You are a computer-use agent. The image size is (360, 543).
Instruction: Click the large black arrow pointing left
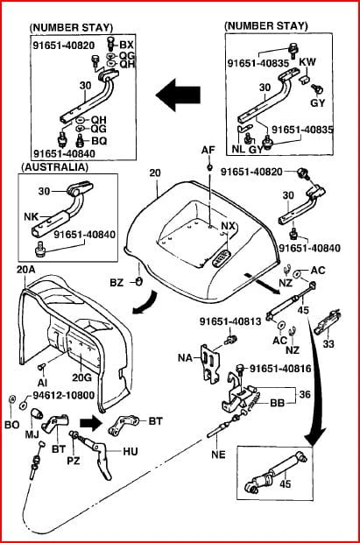tap(178, 95)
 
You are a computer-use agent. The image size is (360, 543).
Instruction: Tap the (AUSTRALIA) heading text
tap(55, 167)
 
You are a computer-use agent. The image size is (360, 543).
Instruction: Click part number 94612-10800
tap(63, 395)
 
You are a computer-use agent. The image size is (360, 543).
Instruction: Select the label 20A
tap(26, 269)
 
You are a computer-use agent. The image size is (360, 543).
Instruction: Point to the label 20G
tap(81, 377)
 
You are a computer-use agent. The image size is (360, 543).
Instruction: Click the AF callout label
tap(208, 150)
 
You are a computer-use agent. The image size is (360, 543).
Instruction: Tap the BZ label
tap(116, 283)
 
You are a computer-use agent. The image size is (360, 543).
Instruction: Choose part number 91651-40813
tap(230, 321)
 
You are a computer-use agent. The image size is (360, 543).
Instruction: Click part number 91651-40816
tap(280, 369)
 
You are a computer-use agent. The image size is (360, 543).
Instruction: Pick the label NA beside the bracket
tap(185, 357)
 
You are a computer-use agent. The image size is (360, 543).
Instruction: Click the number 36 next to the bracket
tap(305, 394)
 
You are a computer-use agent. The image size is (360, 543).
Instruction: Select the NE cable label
tap(218, 454)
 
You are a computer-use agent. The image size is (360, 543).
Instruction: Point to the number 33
tap(328, 343)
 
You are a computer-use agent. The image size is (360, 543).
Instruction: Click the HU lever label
tap(131, 451)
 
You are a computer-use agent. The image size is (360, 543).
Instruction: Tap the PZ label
tap(74, 461)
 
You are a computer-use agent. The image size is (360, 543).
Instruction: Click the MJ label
tap(32, 434)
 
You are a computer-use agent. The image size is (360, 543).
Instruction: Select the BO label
tap(11, 424)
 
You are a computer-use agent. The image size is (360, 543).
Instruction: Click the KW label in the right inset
tap(307, 62)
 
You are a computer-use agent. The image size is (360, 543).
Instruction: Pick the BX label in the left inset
tap(126, 45)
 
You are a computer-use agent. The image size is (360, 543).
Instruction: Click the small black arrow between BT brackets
tap(91, 423)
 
